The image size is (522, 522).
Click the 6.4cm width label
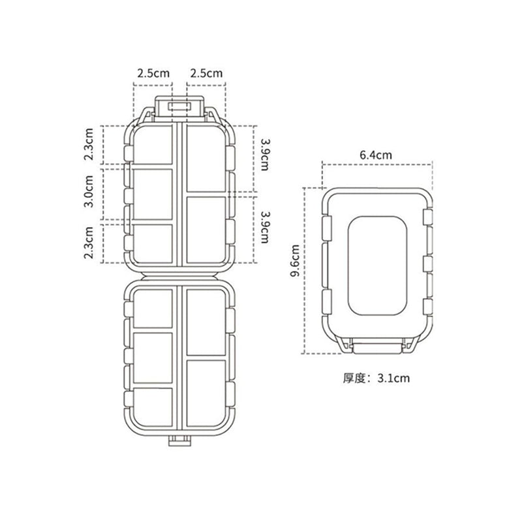point(376,155)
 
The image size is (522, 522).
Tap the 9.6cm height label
point(295,260)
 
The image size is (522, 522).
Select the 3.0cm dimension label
point(89,191)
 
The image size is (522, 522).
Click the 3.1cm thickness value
point(393,378)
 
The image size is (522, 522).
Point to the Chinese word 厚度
point(354,378)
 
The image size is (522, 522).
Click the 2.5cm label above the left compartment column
point(153,73)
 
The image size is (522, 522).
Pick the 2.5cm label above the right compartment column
point(206,73)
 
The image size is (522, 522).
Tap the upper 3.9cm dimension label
point(265,155)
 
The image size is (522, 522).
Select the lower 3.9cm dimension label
point(265,227)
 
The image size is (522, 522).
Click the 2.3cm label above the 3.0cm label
point(89,144)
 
